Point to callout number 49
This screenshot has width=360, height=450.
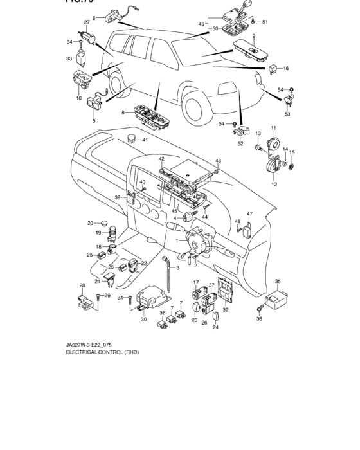point(201,24)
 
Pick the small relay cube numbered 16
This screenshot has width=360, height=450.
point(273,67)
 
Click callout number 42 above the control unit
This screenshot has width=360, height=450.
point(161,158)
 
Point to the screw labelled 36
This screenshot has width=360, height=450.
point(262,311)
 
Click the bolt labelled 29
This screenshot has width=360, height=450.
point(97,296)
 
